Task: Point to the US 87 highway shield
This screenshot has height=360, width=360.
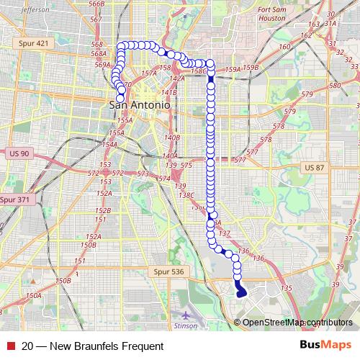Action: click(315, 168)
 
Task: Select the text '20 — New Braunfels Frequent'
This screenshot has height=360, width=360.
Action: click(93, 346)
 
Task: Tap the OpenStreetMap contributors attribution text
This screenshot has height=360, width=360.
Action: click(297, 322)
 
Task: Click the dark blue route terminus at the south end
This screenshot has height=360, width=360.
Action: click(241, 292)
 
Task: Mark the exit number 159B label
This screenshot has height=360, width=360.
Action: click(251, 68)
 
